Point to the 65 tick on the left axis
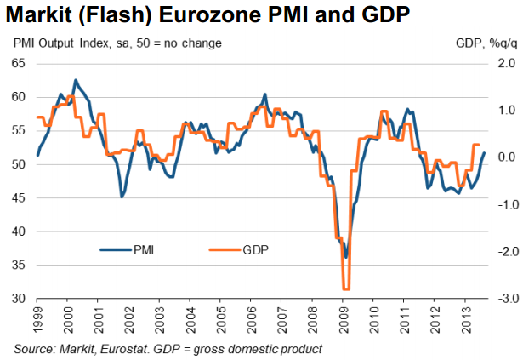(x=20, y=63)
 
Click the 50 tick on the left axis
(x=20, y=164)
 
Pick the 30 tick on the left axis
(x=20, y=299)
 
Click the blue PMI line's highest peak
(x=75, y=81)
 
